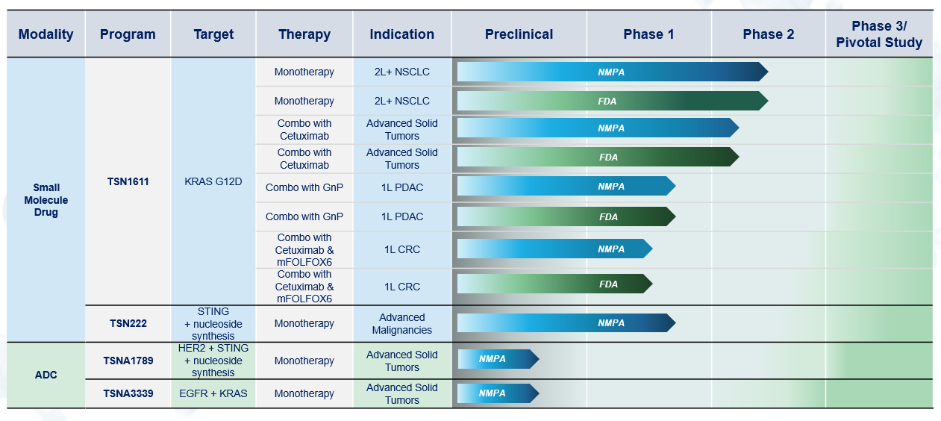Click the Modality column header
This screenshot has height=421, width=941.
coord(46,34)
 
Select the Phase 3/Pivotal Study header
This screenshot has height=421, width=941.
coord(879,34)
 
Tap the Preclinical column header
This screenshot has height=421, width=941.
coord(519,34)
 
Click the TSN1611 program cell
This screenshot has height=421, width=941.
coord(128,181)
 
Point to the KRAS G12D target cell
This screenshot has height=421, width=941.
coord(213,181)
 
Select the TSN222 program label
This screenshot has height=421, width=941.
coord(128,323)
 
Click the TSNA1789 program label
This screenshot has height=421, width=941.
coord(128,361)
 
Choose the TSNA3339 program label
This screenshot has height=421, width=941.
coord(128,393)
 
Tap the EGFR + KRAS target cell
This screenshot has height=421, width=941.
coord(213,393)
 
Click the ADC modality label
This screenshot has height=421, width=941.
coord(46,375)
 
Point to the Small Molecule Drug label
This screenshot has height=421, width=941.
coord(46,199)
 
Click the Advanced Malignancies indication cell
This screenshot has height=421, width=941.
coord(401,323)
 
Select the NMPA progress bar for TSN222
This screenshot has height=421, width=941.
coord(566,322)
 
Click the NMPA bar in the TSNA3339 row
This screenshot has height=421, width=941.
coord(498,393)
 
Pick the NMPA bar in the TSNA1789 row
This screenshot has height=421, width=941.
coord(498,359)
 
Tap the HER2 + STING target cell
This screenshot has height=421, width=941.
coord(213,361)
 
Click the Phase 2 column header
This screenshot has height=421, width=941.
coord(769,34)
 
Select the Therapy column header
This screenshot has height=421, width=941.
coord(304,34)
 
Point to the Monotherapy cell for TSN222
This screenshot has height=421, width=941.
coord(304,323)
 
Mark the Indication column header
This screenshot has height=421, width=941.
coord(401,34)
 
